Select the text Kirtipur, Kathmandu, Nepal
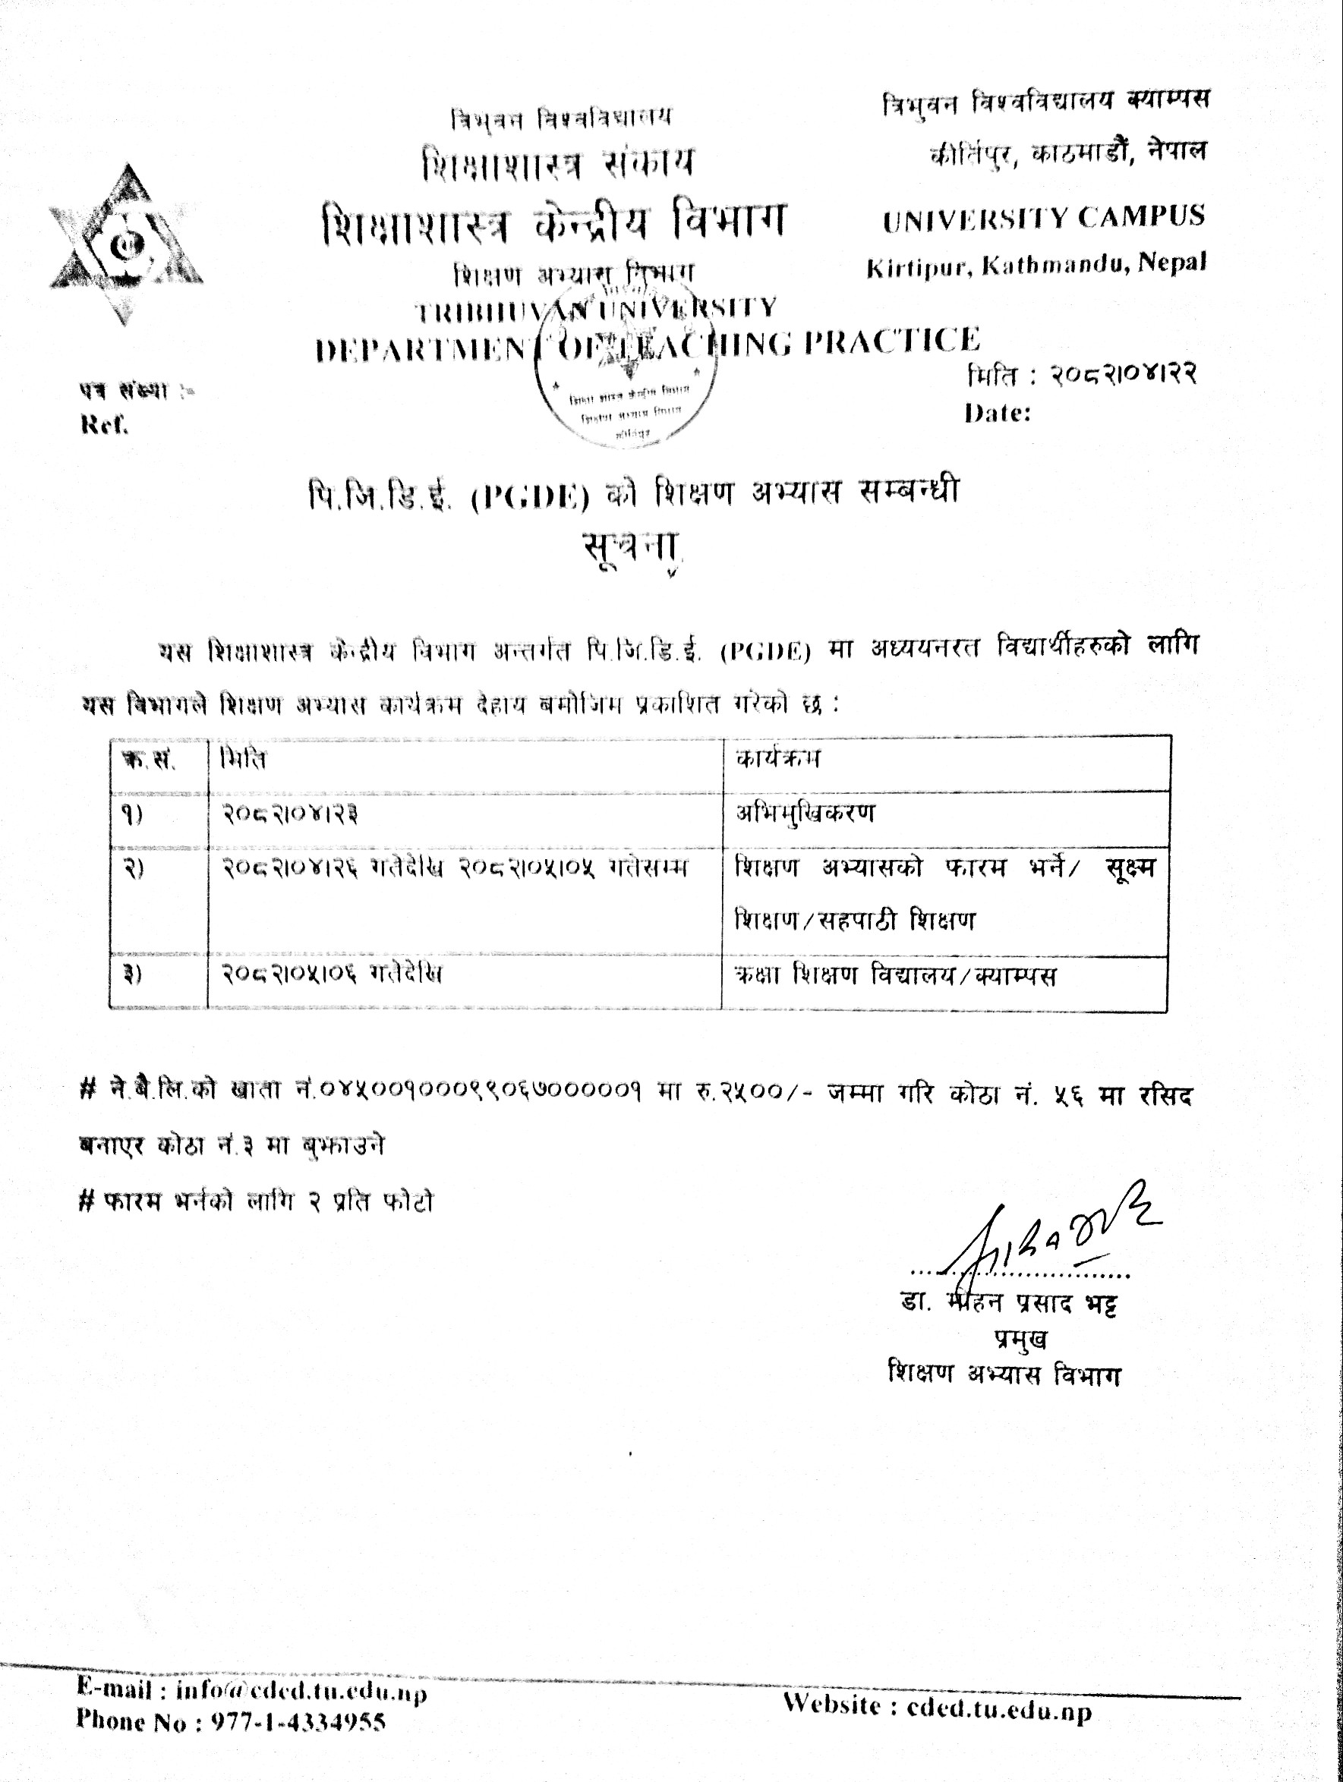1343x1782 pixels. [x=1036, y=265]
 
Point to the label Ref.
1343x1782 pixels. [x=105, y=424]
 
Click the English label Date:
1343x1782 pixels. [x=998, y=414]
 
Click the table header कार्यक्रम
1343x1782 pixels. [x=777, y=759]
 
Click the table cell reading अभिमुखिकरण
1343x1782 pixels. [x=804, y=814]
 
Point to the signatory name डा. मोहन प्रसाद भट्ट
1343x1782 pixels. [x=1009, y=1303]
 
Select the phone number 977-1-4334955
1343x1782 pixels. [x=298, y=1721]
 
